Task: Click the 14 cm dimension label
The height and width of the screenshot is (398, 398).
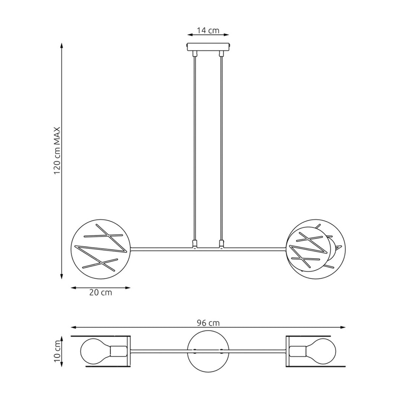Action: [x=208, y=31]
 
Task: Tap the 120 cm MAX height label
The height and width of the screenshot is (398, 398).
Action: [x=57, y=151]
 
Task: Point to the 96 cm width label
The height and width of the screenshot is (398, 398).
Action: [x=208, y=323]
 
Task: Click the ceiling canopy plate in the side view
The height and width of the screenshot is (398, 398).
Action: [x=208, y=47]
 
